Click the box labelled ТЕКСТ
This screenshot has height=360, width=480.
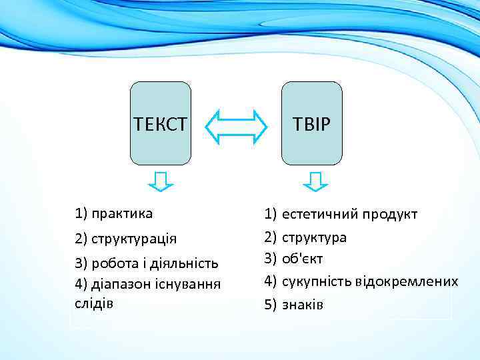point(160,123)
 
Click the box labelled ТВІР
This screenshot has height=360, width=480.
point(312,123)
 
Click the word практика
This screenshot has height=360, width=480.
point(123,214)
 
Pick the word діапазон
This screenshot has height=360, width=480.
point(117,283)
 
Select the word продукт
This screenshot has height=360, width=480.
point(389,215)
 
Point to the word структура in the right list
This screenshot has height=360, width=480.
point(314,237)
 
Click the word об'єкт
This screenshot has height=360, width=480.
point(304,258)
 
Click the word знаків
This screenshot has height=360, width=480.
point(303,305)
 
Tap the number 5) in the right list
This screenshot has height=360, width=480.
point(270,305)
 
